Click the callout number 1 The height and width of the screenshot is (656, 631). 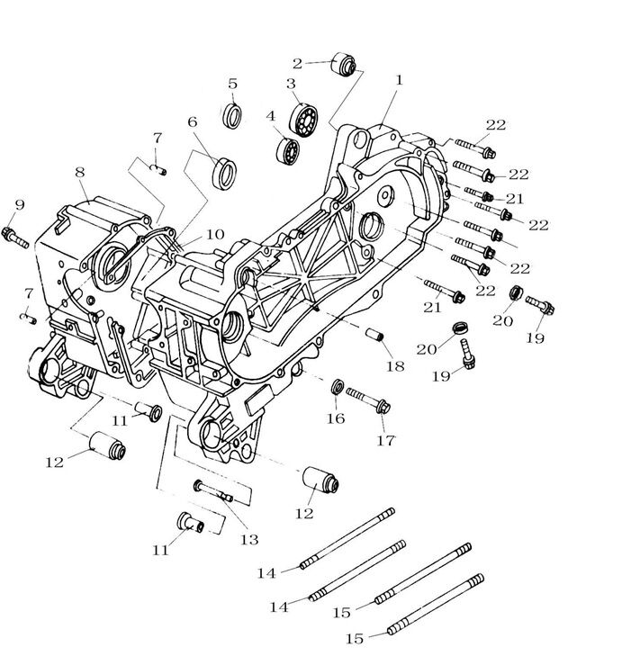pos(399,80)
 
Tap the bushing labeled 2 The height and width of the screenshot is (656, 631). pos(344,65)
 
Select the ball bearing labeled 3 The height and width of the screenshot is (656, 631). pos(303,119)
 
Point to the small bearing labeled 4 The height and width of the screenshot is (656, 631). pos(287,150)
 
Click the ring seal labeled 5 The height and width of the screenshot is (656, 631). pos(232,115)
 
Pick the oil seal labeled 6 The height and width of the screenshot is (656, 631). pos(224,173)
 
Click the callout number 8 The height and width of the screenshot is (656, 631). pos(80,173)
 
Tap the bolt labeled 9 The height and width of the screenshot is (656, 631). pos(15,237)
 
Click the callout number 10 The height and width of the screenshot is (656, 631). pos(215,235)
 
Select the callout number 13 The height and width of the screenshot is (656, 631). pos(249,540)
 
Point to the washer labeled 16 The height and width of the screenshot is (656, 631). pos(337,387)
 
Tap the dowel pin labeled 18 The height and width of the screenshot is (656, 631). pos(374,334)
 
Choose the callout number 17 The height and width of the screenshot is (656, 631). pos(386,441)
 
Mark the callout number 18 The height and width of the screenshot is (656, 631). pos(395,366)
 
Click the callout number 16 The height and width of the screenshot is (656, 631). pos(336,418)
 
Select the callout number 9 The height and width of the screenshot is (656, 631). pos(20,205)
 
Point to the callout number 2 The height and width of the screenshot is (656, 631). pos(297,64)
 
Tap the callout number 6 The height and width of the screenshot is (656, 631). pos(192,122)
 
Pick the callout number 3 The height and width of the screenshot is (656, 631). pos(291,84)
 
